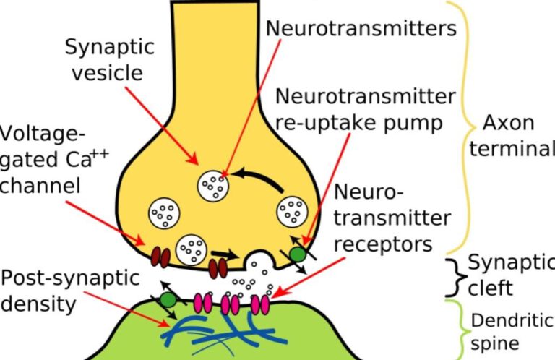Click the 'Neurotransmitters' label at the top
(361, 28)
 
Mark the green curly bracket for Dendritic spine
(457, 329)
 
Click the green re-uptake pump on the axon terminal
(298, 254)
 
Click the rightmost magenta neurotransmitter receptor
(262, 304)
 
